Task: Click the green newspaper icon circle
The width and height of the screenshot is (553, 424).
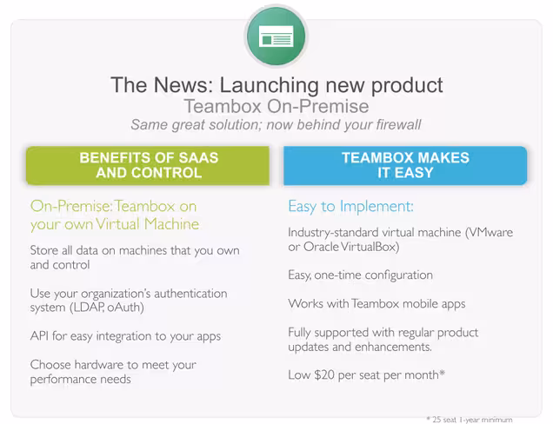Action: pyautogui.click(x=276, y=36)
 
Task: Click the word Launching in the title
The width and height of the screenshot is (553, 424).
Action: pyautogui.click(x=269, y=86)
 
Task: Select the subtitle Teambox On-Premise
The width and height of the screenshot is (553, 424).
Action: pyautogui.click(x=276, y=106)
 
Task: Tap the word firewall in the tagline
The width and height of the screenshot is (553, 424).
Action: pyautogui.click(x=398, y=124)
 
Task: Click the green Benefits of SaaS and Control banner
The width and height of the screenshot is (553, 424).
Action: pyautogui.click(x=148, y=165)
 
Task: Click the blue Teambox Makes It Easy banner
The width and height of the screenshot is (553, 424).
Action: pyautogui.click(x=405, y=165)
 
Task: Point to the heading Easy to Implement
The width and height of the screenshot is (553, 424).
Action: pyautogui.click(x=350, y=207)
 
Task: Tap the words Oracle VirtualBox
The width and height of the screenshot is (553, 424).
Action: pyautogui.click(x=351, y=247)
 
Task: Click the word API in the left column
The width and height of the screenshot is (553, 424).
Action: pyautogui.click(x=39, y=336)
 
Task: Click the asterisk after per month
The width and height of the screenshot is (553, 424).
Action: pyautogui.click(x=442, y=372)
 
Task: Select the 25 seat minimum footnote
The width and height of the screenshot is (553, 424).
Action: pyautogui.click(x=470, y=420)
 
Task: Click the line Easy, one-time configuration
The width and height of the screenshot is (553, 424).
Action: pyautogui.click(x=360, y=275)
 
